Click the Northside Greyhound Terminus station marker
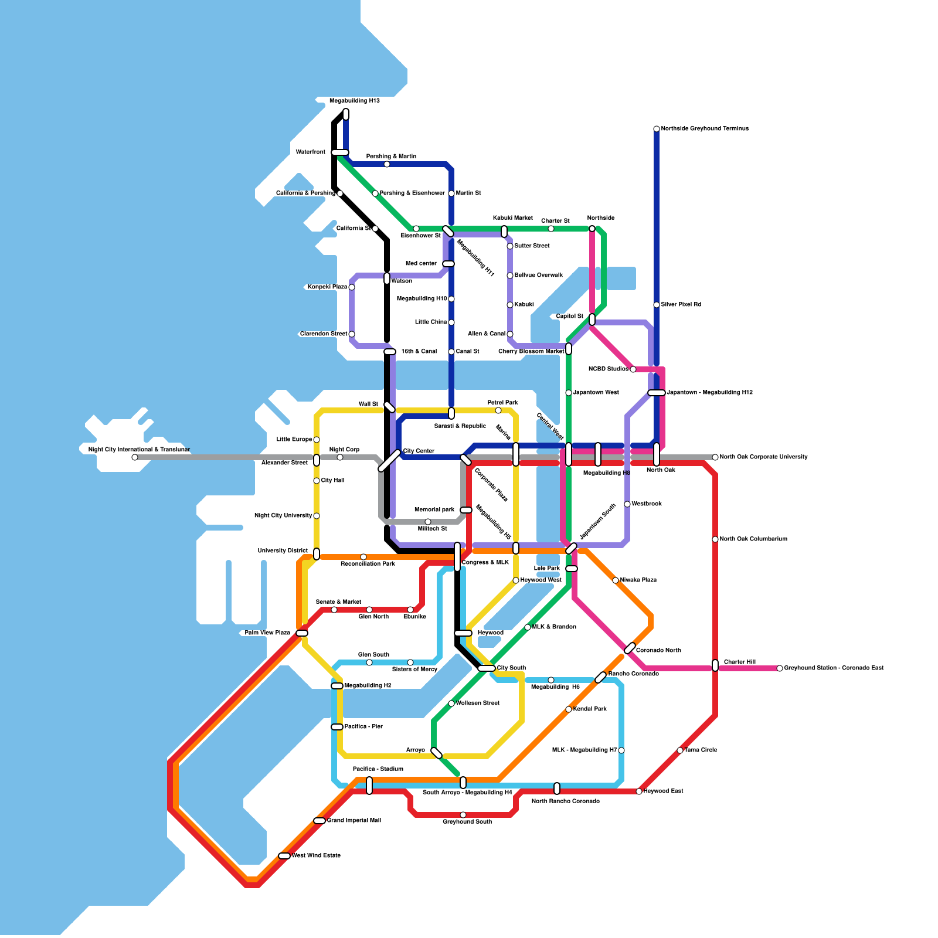[x=657, y=129]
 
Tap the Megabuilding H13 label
[x=355, y=101]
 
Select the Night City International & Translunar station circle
[x=135, y=457]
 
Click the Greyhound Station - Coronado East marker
[x=780, y=668]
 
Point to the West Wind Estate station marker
[x=284, y=856]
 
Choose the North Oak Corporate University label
[x=763, y=457]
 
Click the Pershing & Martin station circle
[x=387, y=164]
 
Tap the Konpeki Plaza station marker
[x=352, y=287]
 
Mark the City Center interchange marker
[x=389, y=460]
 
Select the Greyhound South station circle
[x=463, y=815]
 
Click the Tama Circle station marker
[x=680, y=750]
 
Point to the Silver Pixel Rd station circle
[x=657, y=305]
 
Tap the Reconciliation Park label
[x=368, y=564]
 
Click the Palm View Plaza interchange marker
[x=302, y=633]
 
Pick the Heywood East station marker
[x=639, y=791]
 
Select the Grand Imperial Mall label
[x=354, y=820]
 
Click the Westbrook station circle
[x=627, y=504]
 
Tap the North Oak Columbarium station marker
[x=715, y=539]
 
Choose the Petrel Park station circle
[x=498, y=410]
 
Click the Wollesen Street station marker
[x=451, y=704]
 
